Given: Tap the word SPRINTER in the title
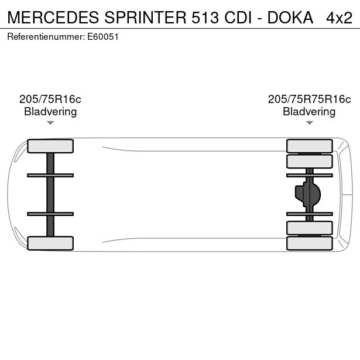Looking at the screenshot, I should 148,18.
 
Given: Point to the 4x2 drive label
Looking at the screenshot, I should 340,18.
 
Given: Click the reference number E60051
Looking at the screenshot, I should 103,36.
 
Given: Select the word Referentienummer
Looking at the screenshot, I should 46,36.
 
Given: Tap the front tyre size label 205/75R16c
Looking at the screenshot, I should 50,100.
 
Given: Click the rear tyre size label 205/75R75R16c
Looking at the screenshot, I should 309,100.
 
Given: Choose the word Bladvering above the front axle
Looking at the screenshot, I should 50,112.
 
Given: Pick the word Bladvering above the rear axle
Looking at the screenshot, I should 309,112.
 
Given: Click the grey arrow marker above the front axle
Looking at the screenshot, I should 50,123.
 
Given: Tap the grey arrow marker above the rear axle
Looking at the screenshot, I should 309,123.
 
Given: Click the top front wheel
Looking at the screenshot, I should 50,146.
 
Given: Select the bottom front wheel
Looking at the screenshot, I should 50,243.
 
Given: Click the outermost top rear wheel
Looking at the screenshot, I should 309,146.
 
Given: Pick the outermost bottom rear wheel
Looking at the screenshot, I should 309,243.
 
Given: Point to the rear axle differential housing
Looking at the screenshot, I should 308,194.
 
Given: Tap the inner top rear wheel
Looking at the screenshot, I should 309,161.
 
